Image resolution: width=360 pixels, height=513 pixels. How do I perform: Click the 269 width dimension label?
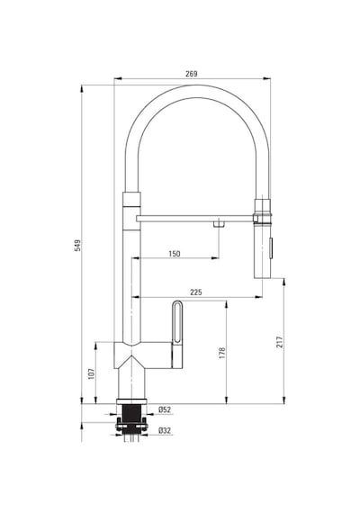[192, 74]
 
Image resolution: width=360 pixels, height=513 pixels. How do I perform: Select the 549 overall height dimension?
[77, 246]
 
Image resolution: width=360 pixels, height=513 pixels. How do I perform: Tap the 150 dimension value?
[175, 254]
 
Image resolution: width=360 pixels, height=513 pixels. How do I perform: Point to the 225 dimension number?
[196, 292]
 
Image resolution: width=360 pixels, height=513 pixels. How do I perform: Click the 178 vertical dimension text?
[222, 353]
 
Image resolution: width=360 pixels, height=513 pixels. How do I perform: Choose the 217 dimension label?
[280, 342]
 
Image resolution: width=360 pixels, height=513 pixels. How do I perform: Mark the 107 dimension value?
[91, 373]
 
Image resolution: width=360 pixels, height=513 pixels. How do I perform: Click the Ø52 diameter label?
[165, 409]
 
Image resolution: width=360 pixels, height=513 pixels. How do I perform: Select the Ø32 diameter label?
[165, 430]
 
